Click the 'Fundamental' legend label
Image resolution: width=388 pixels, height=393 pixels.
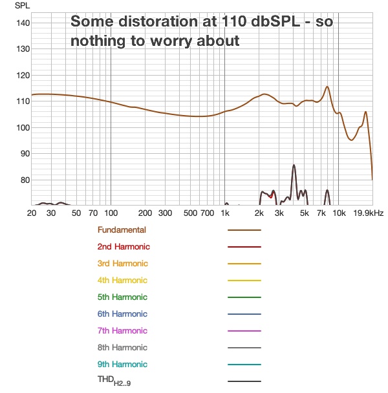pos(122,229)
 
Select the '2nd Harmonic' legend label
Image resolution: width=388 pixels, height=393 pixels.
pos(124,246)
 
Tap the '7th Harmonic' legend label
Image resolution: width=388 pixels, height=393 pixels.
pos(123,330)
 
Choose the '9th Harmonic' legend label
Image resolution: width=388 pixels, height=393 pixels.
pos(123,364)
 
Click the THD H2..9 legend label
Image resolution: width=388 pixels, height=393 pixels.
pos(114,381)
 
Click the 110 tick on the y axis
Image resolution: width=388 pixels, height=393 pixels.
pos(23,101)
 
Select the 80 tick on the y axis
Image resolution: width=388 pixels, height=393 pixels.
pos(23,180)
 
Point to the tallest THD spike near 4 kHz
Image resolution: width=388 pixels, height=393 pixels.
pos(294,165)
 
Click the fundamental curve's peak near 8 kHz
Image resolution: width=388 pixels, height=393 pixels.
pos(327,87)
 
